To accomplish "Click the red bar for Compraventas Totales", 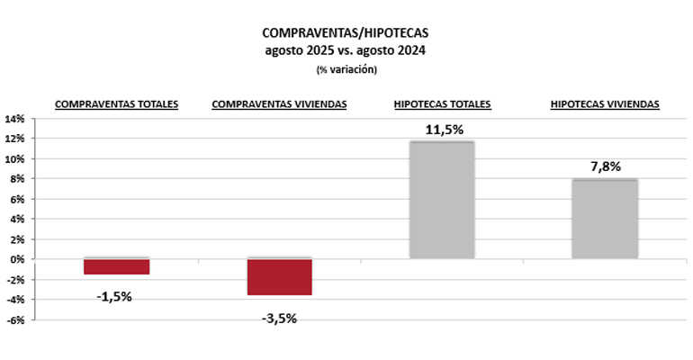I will [116, 266].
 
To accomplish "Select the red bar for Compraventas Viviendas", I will [279, 276].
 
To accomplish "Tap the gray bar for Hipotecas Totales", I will [441, 200].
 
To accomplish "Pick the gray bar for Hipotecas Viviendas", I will [605, 219].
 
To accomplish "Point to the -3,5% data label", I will [278, 317].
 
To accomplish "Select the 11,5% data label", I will [442, 130].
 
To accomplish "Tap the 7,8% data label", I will [605, 166].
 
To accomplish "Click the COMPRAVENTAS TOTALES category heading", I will [117, 104].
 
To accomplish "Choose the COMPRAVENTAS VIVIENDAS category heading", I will [279, 104].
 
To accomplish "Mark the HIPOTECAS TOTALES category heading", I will [442, 104].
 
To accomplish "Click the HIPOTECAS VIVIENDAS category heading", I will [605, 104].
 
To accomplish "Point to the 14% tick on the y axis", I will [14, 119].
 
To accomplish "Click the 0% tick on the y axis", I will [17, 259].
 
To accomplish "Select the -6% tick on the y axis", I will [15, 319].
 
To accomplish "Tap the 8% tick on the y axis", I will [17, 179].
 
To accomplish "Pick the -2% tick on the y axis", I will [15, 279].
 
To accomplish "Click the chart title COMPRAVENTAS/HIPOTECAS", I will [346, 32].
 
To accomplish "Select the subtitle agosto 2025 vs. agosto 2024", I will [346, 50].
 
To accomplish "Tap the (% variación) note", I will [346, 69].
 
